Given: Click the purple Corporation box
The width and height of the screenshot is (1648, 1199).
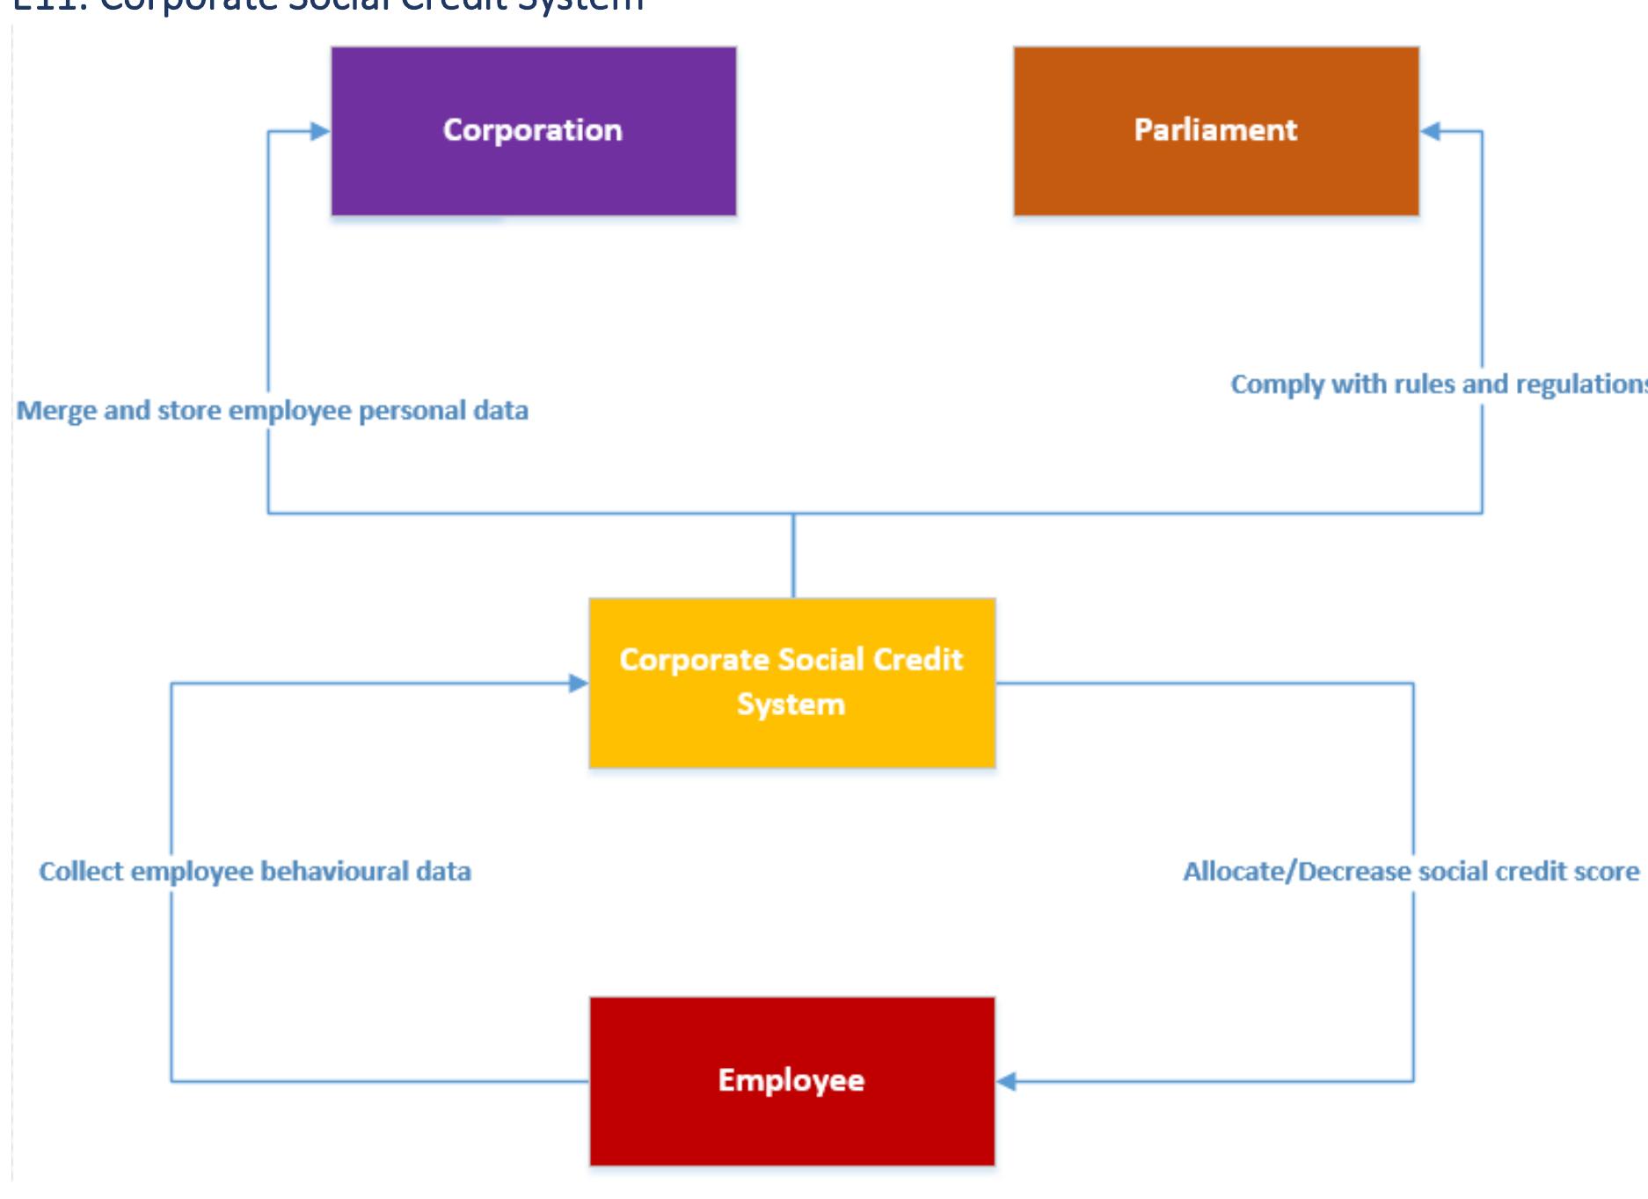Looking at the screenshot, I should click(x=533, y=131).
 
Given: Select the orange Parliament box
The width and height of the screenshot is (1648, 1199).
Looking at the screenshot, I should click(x=1215, y=131).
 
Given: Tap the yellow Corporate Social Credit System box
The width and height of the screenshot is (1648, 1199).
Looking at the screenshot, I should click(x=791, y=683).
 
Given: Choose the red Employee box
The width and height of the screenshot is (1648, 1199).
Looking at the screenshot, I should click(x=791, y=1080).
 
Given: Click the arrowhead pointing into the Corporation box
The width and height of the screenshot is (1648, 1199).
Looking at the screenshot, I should click(x=320, y=131).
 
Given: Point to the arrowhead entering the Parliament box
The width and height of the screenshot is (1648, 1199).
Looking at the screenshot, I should click(x=1431, y=131).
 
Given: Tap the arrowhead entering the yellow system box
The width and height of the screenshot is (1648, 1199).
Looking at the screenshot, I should click(x=578, y=683).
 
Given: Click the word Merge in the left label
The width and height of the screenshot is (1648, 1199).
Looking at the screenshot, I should click(x=56, y=411).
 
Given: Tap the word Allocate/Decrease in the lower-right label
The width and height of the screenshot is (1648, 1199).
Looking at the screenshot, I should click(x=1296, y=871).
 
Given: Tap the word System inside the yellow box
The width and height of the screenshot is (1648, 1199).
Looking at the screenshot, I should click(x=791, y=705).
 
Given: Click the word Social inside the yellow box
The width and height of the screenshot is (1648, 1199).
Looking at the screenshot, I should click(x=820, y=660).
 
